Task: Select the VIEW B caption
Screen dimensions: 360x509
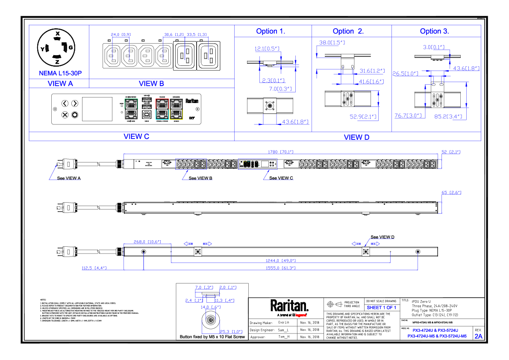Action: point(152,84)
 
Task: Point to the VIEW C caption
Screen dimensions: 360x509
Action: point(136,136)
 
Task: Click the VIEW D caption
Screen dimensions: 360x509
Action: point(356,137)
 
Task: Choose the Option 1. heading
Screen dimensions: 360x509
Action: point(271,31)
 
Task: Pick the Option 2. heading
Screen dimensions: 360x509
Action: point(348,31)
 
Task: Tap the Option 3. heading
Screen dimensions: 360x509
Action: point(434,31)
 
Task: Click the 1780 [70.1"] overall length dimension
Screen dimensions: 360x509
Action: point(280,152)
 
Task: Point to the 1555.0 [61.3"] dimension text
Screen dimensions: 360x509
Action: point(280,268)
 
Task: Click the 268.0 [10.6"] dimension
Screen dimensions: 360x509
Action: point(147,242)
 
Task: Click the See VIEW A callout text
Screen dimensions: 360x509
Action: point(69,178)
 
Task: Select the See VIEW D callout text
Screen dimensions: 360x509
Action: point(382,237)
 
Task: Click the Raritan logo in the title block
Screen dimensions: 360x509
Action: point(289,306)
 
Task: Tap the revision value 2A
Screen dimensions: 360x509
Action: point(478,336)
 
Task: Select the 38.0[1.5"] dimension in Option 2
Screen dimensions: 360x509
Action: point(332,43)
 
